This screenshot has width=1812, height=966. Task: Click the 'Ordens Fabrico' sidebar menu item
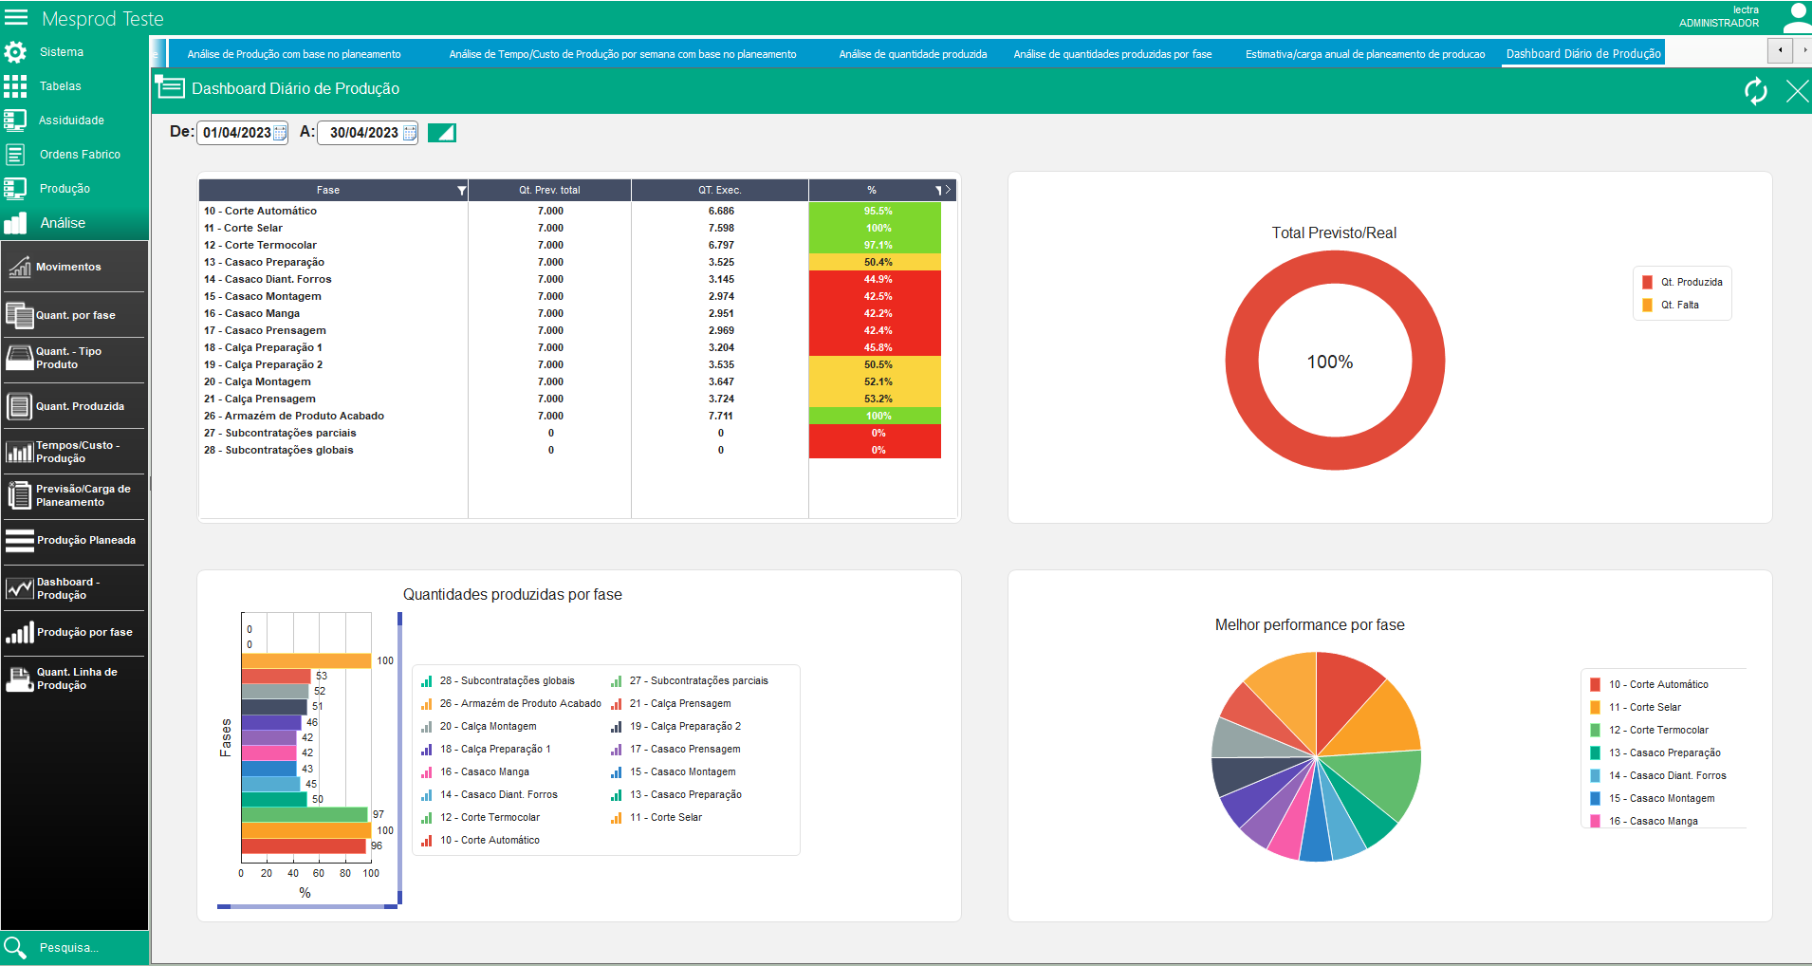click(80, 155)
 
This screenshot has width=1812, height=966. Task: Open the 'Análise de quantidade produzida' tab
click(913, 54)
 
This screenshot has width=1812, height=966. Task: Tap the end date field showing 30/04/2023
click(367, 133)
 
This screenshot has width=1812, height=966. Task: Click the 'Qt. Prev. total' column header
click(549, 190)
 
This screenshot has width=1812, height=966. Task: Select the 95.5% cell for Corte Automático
click(875, 211)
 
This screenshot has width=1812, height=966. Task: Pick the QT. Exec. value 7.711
click(721, 416)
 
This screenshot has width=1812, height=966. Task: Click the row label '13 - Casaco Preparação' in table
click(264, 262)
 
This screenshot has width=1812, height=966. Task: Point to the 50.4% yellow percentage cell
click(875, 262)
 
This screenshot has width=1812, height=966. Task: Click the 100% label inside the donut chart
click(1330, 362)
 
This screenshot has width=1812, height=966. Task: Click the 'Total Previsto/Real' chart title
click(1334, 232)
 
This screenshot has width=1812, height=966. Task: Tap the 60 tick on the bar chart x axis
click(319, 873)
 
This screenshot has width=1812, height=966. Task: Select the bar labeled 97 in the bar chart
click(305, 814)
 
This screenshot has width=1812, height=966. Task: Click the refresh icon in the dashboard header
click(1756, 91)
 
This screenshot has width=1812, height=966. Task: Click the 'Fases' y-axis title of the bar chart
click(226, 737)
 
